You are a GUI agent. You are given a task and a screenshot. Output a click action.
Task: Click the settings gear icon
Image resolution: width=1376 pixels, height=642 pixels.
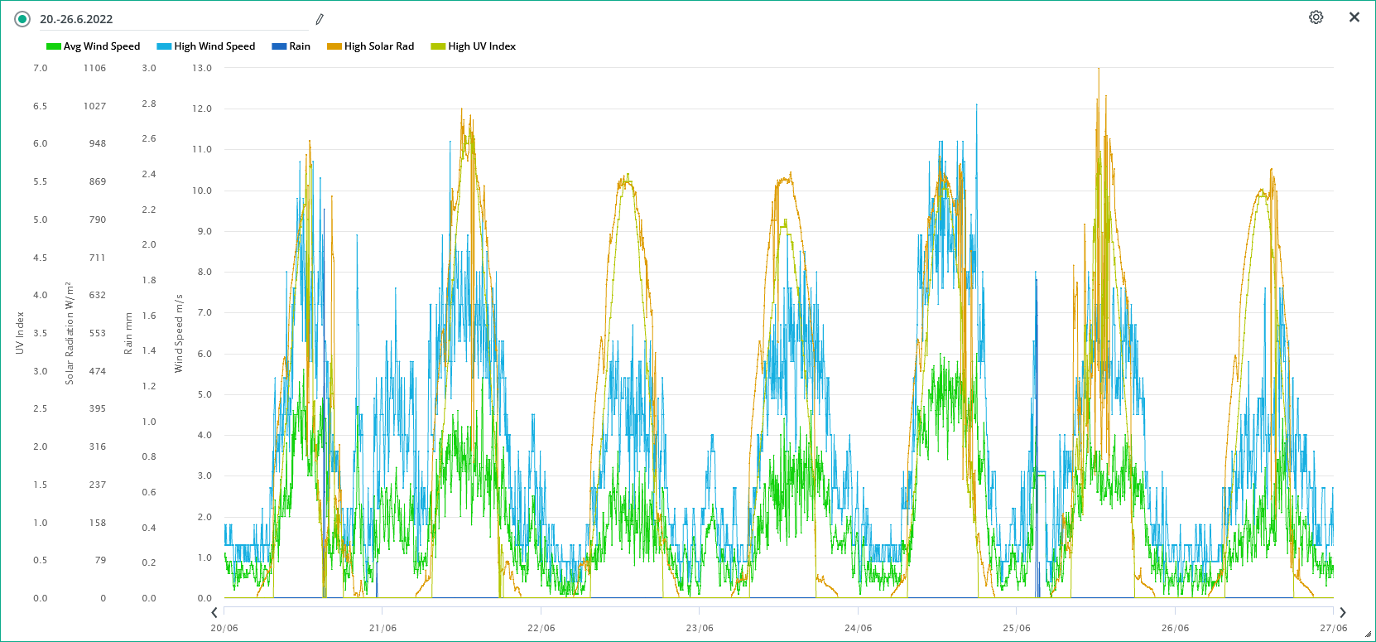(x=1316, y=17)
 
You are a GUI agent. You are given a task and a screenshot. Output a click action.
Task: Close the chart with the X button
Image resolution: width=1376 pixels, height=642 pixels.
(x=1354, y=17)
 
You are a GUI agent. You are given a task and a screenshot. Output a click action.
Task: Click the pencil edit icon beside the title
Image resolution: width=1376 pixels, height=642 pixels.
(x=320, y=19)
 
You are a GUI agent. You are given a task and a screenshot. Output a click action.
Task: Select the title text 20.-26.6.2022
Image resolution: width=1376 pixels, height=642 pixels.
(x=76, y=19)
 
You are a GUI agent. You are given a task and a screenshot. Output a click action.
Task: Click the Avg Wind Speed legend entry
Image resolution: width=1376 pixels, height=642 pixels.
(x=94, y=46)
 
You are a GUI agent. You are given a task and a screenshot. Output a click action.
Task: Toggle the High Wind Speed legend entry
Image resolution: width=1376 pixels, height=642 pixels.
(x=206, y=46)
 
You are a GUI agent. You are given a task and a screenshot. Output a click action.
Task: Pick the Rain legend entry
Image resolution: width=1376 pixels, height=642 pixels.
(x=291, y=46)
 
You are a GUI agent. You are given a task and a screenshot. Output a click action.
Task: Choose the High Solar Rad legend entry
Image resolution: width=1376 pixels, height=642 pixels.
(x=371, y=46)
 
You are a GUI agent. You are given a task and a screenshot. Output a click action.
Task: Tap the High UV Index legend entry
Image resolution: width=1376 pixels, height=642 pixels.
(x=474, y=46)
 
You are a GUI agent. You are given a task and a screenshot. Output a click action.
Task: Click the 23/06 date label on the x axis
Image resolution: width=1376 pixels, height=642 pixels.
(x=700, y=628)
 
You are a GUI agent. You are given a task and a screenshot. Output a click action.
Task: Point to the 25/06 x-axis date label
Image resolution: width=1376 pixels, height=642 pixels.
(x=1017, y=628)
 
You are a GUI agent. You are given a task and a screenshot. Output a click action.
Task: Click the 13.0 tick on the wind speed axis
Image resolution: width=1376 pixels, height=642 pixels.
(x=202, y=68)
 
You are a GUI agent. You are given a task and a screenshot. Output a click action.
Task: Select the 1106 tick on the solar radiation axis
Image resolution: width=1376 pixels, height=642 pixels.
(x=94, y=68)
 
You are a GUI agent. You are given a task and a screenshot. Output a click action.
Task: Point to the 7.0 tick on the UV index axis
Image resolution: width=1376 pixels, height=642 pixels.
(x=41, y=68)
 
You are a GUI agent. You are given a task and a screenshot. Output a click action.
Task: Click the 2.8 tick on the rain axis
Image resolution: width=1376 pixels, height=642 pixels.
(x=149, y=104)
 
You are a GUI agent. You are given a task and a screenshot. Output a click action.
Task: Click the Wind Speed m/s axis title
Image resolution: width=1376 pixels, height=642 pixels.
(x=179, y=333)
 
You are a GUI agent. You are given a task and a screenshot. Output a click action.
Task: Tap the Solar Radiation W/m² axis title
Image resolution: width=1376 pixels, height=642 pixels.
(x=70, y=333)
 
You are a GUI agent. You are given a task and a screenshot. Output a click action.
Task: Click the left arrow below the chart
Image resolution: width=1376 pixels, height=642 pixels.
(x=214, y=613)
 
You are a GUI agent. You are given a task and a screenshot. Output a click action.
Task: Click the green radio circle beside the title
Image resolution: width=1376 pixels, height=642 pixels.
(x=22, y=19)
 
